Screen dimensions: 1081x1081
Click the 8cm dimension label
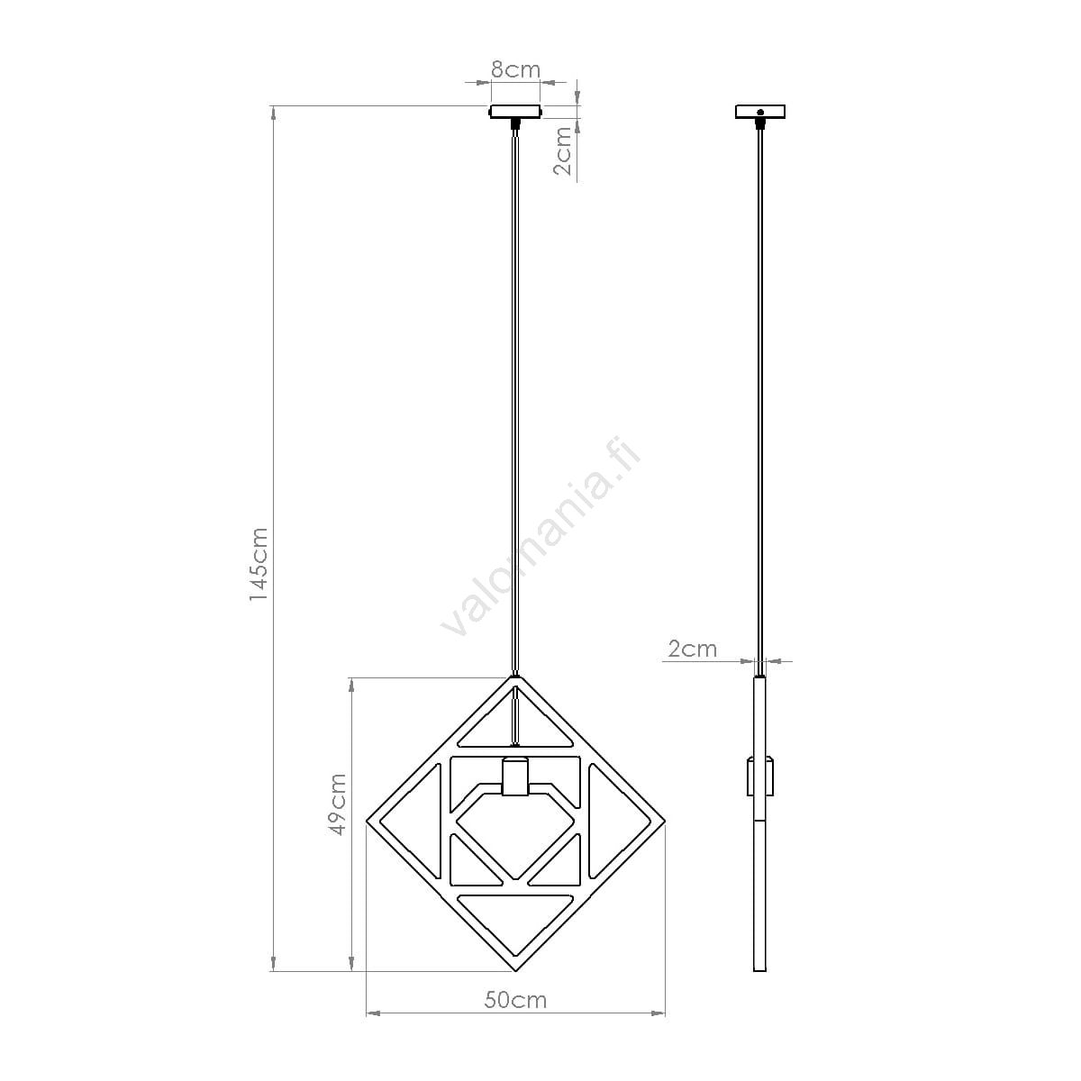click(x=515, y=70)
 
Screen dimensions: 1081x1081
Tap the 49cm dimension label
click(x=337, y=804)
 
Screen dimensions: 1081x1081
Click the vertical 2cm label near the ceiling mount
click(x=562, y=151)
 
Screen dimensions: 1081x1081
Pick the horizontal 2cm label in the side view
click(x=692, y=649)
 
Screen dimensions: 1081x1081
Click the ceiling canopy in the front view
click(x=515, y=112)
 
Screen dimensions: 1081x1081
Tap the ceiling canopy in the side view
click(x=760, y=112)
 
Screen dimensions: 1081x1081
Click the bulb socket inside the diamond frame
click(x=515, y=777)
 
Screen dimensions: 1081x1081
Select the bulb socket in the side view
click(x=760, y=777)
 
